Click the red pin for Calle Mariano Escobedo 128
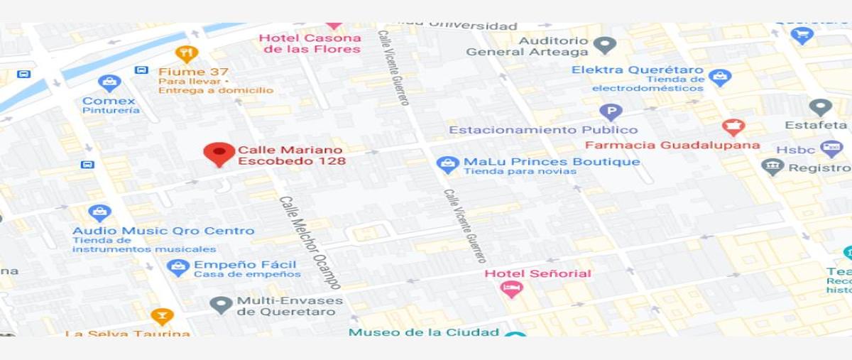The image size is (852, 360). [x=219, y=153]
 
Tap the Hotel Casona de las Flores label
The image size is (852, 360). [x=310, y=43]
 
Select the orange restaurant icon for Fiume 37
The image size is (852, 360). [x=186, y=53]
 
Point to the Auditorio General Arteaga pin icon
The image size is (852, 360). [x=604, y=45]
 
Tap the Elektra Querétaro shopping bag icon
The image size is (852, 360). [x=720, y=77]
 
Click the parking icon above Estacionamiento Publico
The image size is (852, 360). [x=610, y=111]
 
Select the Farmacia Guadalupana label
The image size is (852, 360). [x=672, y=146]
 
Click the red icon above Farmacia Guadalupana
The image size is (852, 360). [x=733, y=127]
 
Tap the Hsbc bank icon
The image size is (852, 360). [x=831, y=149]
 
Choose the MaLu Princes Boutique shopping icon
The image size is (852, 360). [x=447, y=165]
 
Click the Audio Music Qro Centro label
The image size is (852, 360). [x=163, y=231]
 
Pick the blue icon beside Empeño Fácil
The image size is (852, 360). [x=177, y=267]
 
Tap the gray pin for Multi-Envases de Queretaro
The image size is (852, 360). [x=221, y=305]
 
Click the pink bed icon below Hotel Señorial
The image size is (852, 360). [x=510, y=289]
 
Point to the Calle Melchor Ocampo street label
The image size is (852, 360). [x=310, y=242]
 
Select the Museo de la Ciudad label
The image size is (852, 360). [x=424, y=332]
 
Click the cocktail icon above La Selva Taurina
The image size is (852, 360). [x=162, y=316]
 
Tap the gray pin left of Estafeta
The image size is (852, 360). [x=820, y=107]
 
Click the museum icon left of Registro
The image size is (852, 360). [x=772, y=167]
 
